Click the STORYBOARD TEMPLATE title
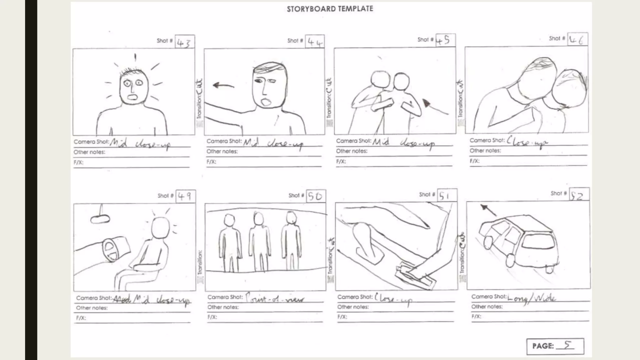pos(330,9)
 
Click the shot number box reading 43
pos(185,42)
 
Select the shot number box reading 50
pos(316,196)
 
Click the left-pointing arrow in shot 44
pos(223,85)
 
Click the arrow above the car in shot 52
pos(488,210)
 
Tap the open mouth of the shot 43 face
pos(132,97)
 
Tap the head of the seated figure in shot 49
pos(160,227)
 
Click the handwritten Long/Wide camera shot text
pos(532,298)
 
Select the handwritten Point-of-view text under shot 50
pos(274,298)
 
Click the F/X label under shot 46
pos(474,161)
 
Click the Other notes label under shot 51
pos(353,307)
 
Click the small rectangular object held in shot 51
pos(414,277)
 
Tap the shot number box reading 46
pos(577,40)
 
